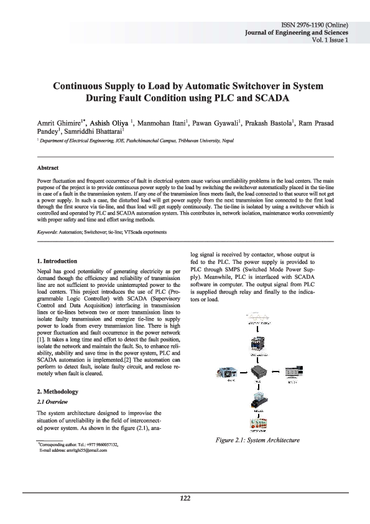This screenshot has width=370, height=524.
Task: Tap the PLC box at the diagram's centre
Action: click(x=256, y=374)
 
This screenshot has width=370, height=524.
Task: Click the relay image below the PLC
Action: click(x=255, y=401)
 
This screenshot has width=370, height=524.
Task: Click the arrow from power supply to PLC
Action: click(x=239, y=374)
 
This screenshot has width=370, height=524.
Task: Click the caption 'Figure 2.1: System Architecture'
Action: click(x=257, y=441)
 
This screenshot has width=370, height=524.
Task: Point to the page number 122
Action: click(x=185, y=498)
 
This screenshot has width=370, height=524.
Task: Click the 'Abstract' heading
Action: click(x=50, y=168)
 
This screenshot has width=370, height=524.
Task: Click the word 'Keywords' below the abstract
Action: click(x=47, y=232)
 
